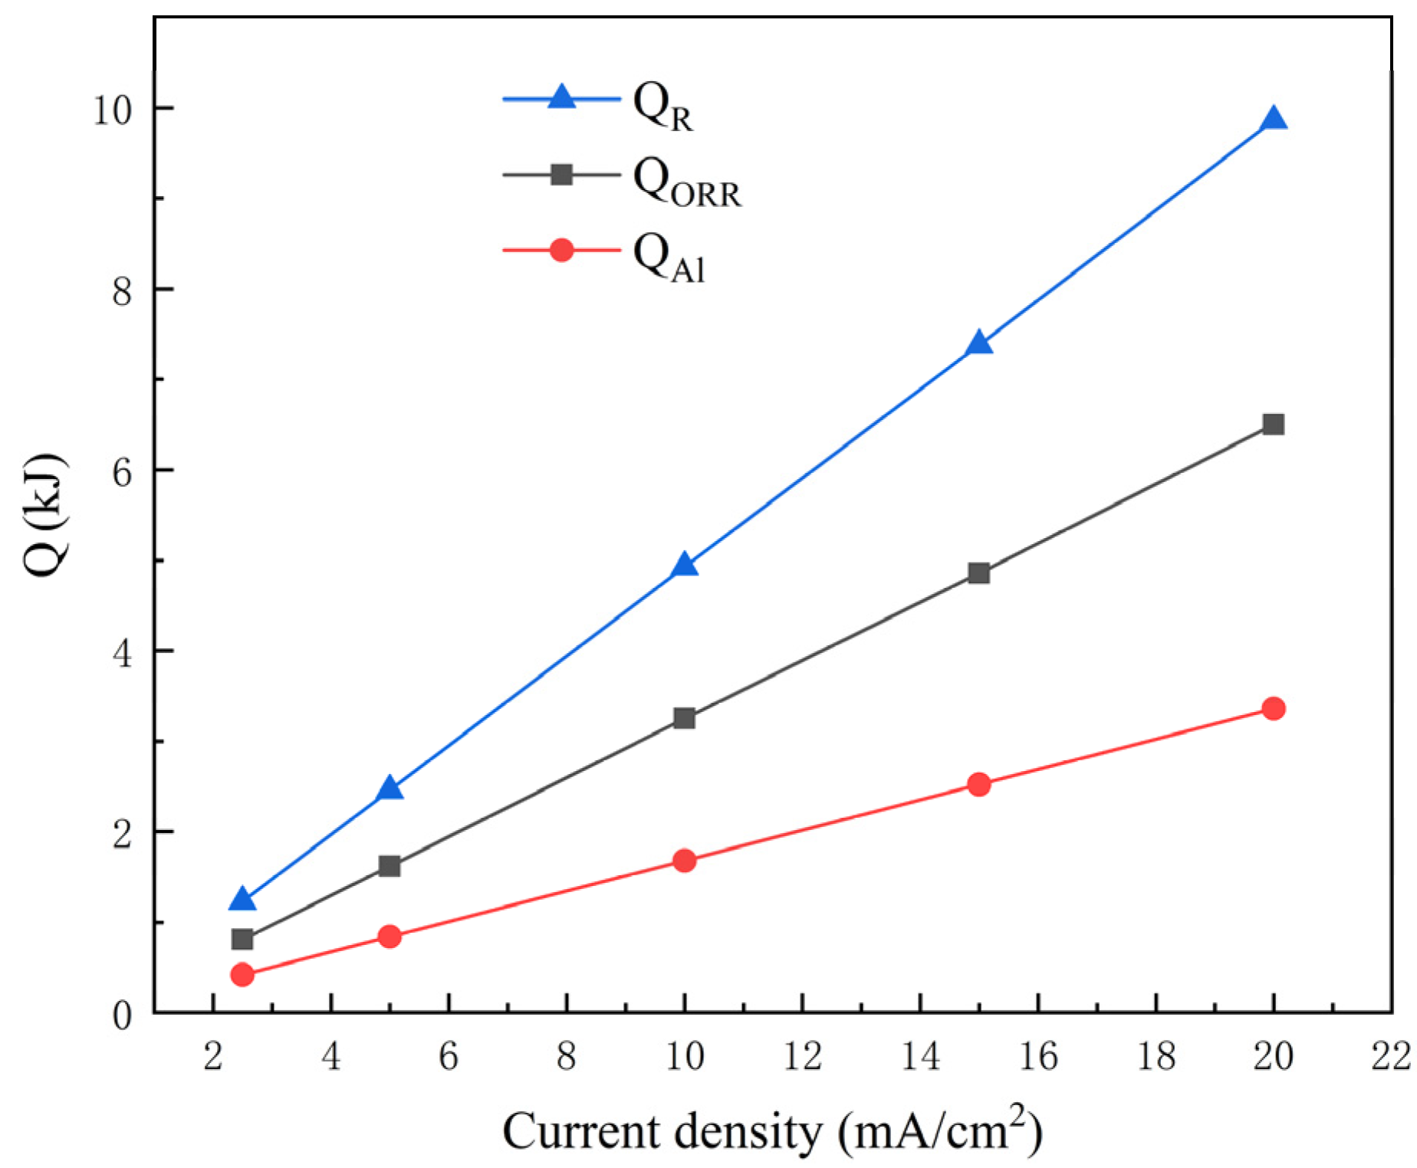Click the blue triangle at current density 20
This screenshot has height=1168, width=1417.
click(x=1274, y=120)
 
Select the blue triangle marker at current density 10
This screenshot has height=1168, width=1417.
click(x=684, y=566)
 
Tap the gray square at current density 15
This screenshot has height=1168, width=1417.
click(x=978, y=573)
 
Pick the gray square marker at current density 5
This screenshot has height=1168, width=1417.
click(x=390, y=866)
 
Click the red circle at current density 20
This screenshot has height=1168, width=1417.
click(x=1274, y=708)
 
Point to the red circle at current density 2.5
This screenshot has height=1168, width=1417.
click(x=242, y=974)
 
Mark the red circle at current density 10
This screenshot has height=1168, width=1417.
click(x=684, y=861)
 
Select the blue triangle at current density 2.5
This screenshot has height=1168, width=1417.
click(x=242, y=900)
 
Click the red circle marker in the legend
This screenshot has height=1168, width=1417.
click(x=561, y=250)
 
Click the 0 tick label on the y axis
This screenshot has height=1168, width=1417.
click(x=122, y=1016)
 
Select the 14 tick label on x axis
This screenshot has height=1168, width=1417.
click(x=919, y=1056)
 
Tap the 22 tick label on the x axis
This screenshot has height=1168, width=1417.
click(x=1391, y=1056)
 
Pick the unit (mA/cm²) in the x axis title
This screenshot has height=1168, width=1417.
click(x=939, y=1130)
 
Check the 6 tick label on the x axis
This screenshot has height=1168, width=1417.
click(x=448, y=1056)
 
